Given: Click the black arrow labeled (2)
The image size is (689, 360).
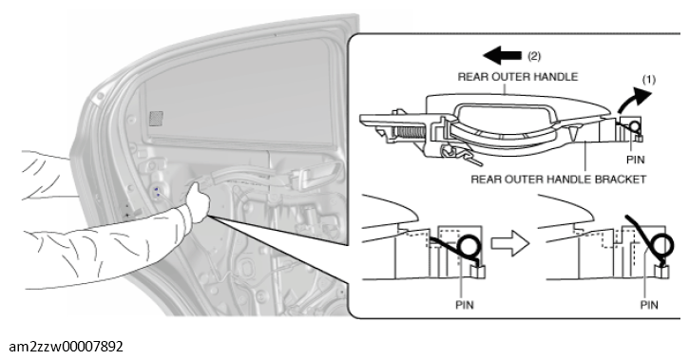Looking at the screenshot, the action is (x=502, y=56).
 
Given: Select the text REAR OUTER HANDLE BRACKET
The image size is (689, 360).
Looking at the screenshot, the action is (x=559, y=180).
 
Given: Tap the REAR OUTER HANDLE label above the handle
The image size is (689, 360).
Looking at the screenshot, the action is (x=518, y=77).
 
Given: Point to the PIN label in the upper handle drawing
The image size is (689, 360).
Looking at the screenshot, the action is (x=635, y=160).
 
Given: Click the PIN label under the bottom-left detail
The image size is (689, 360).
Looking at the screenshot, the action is (x=465, y=304).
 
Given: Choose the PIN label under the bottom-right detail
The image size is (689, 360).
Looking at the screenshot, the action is (x=648, y=304).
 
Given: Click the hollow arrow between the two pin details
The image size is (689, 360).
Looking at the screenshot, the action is (x=510, y=243).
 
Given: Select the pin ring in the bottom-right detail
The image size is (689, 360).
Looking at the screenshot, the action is (x=661, y=245).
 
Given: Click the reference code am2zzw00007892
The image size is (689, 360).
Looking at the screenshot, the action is (x=66, y=347).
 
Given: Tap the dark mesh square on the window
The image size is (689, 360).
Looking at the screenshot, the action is (x=156, y=118).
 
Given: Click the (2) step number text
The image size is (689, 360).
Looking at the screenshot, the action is (x=534, y=56).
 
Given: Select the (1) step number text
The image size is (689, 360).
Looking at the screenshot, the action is (x=648, y=80).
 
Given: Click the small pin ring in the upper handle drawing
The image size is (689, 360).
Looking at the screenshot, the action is (x=634, y=126).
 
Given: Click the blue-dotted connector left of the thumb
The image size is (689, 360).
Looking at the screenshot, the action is (x=157, y=192).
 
